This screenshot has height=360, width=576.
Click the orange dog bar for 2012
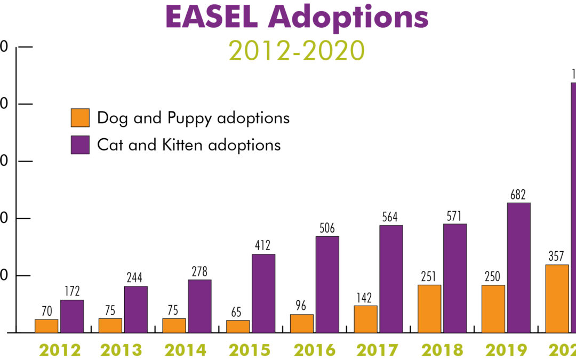(46, 326)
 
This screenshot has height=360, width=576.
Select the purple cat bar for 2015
(263, 293)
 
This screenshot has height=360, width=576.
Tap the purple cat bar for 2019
(518, 268)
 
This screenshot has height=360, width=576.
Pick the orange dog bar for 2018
(429, 309)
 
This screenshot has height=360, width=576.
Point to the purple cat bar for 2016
(327, 284)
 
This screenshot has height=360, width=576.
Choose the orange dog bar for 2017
(365, 319)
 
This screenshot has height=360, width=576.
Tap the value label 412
(263, 246)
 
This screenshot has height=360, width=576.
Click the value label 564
(390, 217)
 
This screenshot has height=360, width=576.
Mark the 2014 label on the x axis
(187, 350)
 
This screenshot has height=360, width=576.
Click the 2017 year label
(378, 350)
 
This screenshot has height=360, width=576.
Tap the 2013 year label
(123, 350)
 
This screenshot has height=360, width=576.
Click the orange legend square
(80, 118)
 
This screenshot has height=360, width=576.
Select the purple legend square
(80, 145)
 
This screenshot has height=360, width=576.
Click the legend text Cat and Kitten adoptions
(189, 145)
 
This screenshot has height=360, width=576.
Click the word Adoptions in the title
(348, 18)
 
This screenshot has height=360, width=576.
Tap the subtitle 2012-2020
(297, 51)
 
